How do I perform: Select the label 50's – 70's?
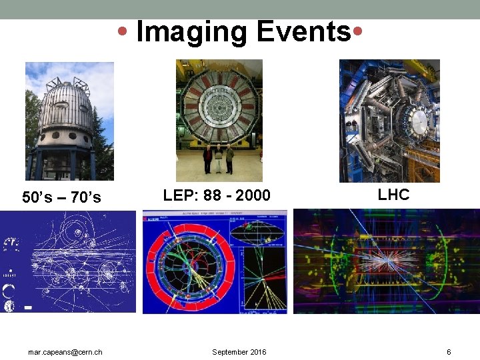coord(61,197)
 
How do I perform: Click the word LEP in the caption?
coord(177,195)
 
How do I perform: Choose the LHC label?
coord(393,195)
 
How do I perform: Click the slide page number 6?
coord(449,352)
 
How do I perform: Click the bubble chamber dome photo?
coord(69,121)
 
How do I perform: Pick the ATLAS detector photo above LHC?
coord(389,121)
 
